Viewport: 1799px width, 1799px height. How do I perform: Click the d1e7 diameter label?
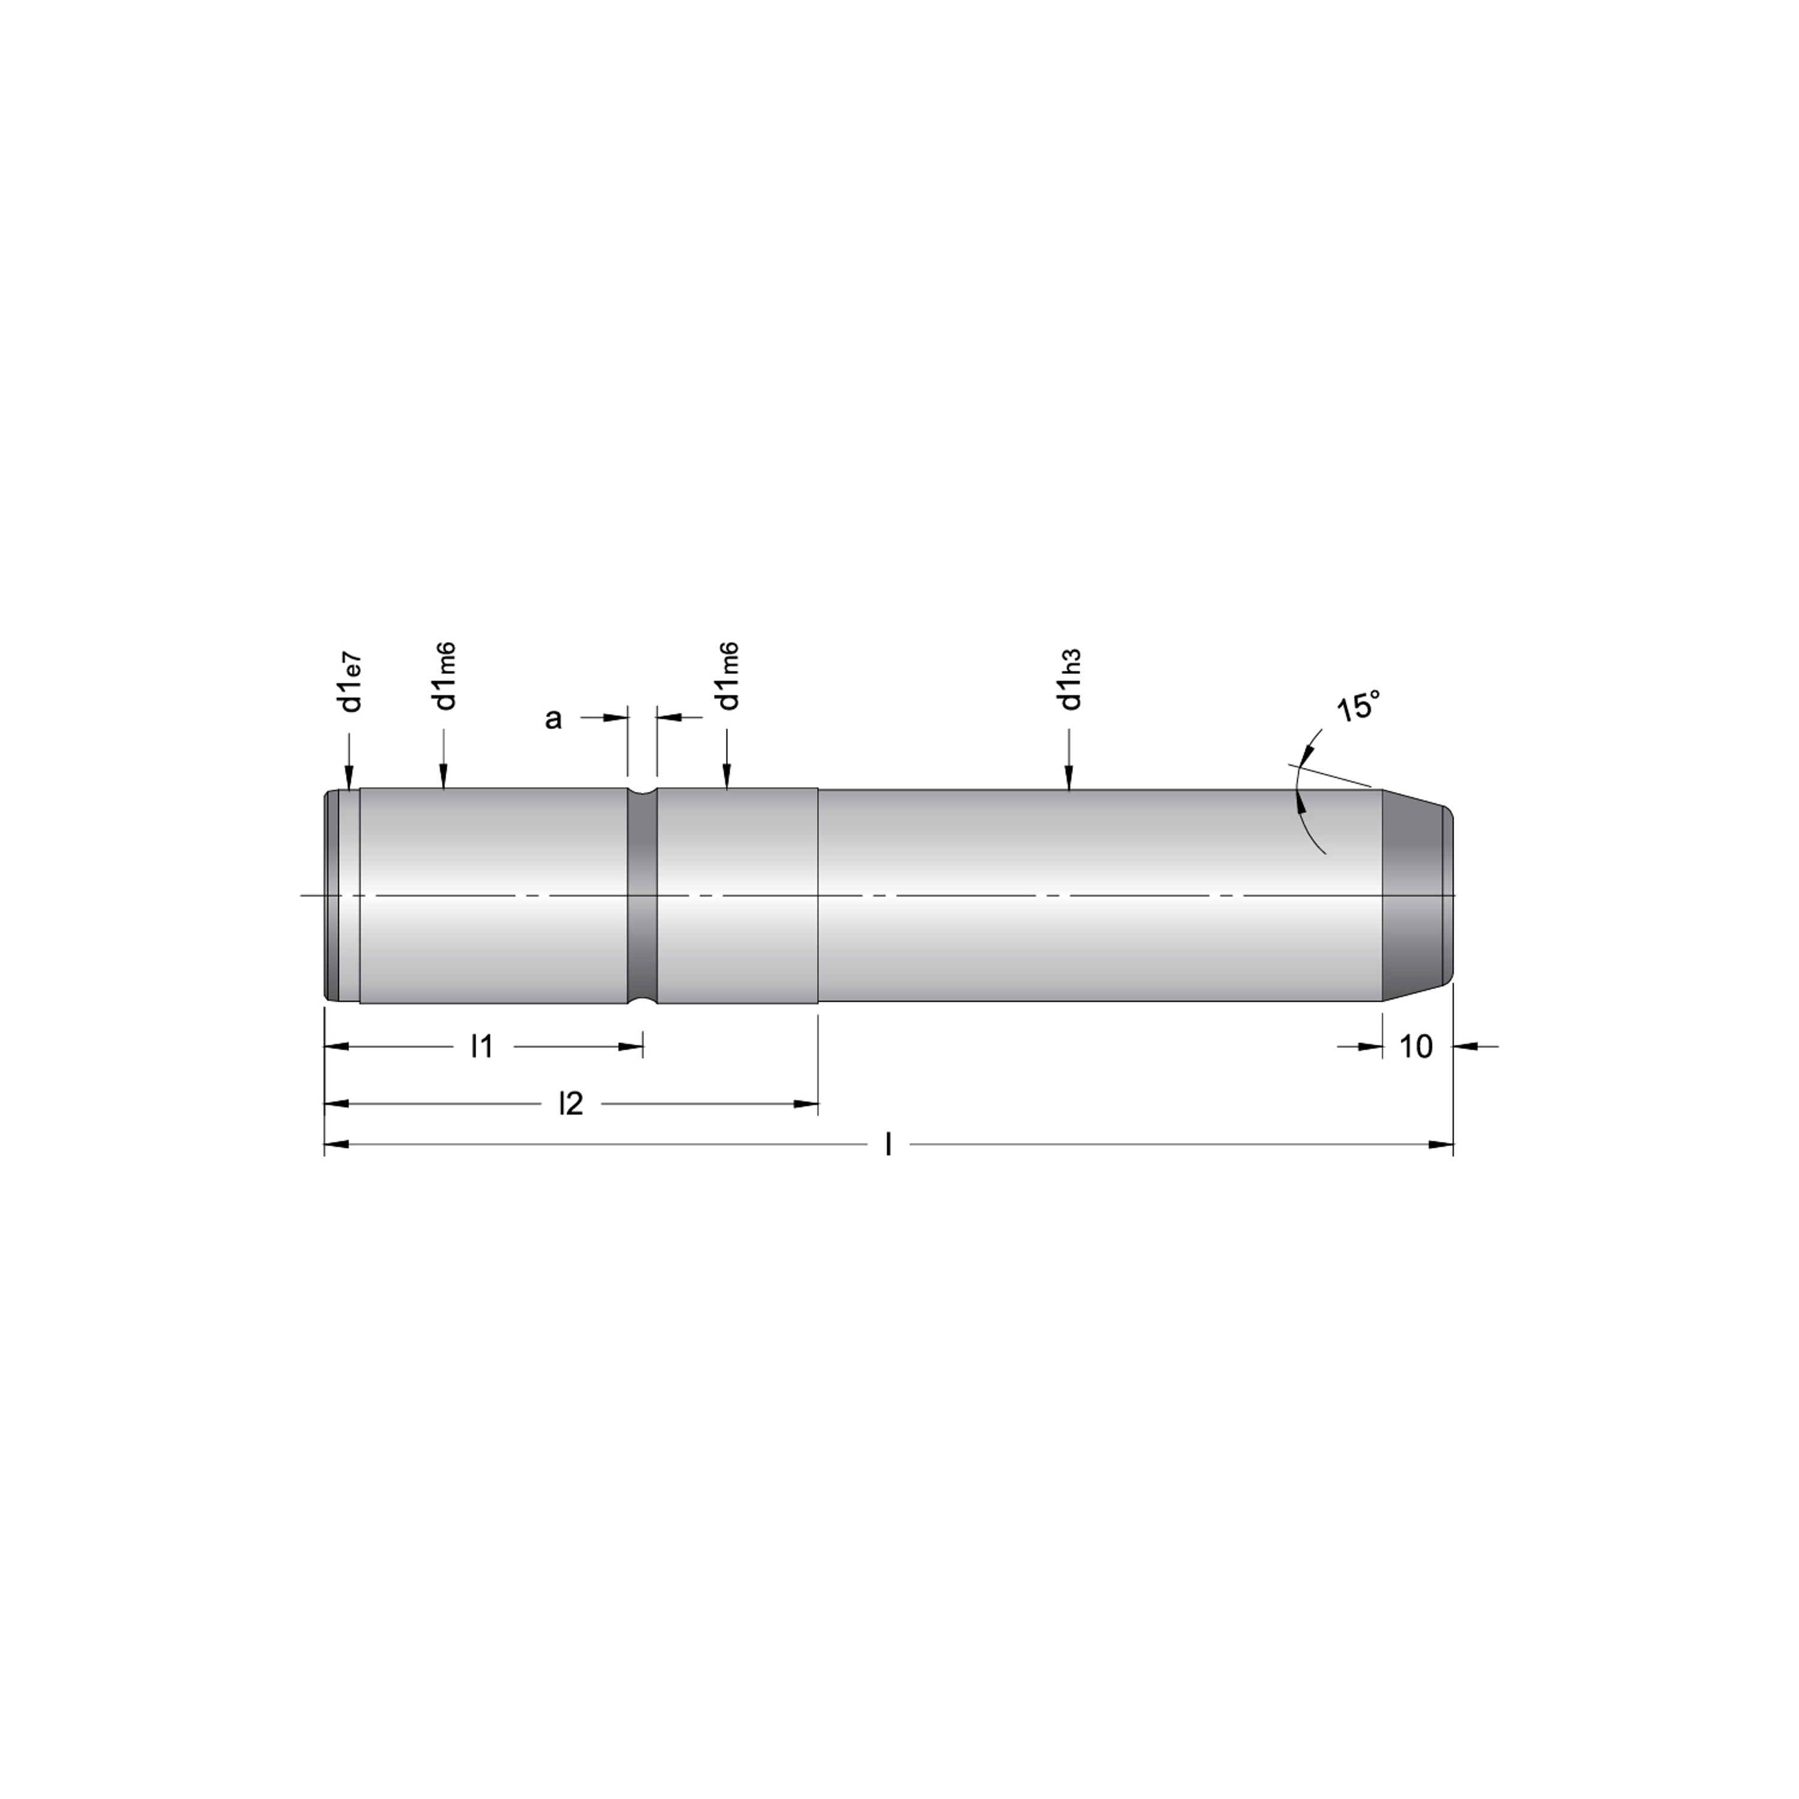click(351, 682)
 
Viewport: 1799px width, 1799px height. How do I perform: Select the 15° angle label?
click(1358, 707)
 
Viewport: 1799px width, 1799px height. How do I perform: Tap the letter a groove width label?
click(553, 719)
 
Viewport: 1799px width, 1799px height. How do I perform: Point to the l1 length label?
click(482, 1046)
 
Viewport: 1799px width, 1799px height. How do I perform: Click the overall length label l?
click(888, 1144)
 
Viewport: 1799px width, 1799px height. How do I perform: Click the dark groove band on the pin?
click(642, 896)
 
